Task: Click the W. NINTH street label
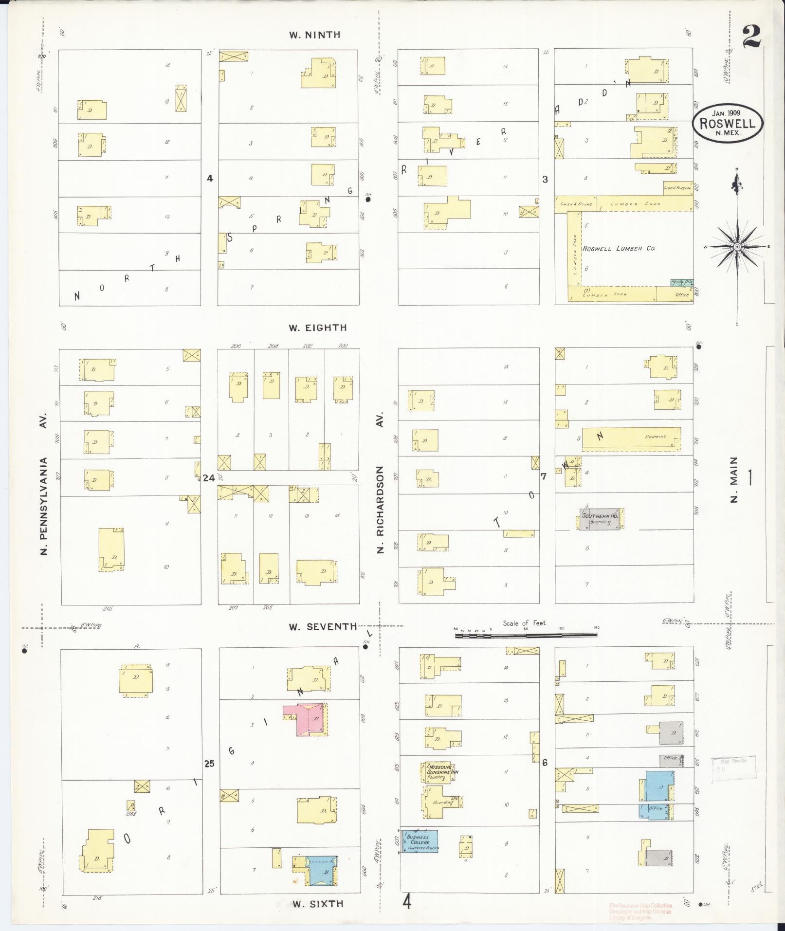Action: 314,35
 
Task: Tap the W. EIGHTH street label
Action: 317,328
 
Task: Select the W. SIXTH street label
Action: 318,904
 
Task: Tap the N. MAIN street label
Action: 734,479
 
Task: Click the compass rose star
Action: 737,247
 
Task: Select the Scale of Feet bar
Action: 526,635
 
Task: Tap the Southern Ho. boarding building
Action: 600,519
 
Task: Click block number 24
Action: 209,478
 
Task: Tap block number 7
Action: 544,476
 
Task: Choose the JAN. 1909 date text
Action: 727,112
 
